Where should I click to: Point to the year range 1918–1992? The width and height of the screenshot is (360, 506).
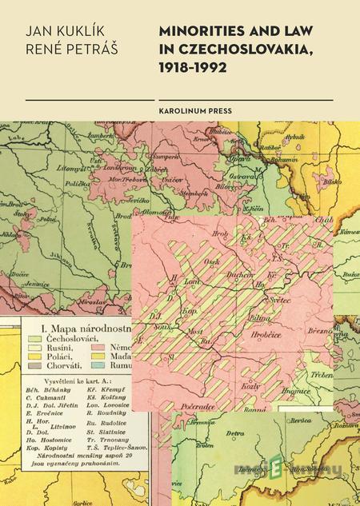point(193,68)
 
